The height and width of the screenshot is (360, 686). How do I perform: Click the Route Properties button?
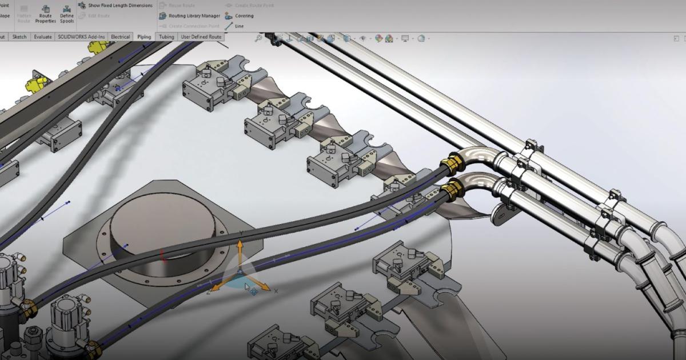click(x=45, y=14)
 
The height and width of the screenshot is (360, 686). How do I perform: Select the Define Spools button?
click(x=67, y=14)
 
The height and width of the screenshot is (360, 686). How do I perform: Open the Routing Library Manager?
click(x=190, y=15)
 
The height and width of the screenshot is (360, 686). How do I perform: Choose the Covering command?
click(x=240, y=16)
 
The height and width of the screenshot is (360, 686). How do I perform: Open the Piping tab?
click(x=144, y=37)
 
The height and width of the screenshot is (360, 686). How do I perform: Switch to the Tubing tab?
click(x=166, y=37)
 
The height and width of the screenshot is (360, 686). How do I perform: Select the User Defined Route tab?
click(x=201, y=37)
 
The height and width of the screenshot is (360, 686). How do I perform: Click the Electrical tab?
click(x=120, y=37)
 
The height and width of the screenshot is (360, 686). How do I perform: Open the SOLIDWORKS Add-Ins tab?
click(x=82, y=37)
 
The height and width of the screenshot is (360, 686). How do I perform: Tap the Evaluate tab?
click(x=43, y=37)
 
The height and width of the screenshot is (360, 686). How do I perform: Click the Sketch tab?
click(x=19, y=37)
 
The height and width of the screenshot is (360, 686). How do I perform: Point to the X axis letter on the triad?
click(x=276, y=291)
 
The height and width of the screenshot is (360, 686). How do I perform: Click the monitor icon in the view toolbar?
click(x=405, y=38)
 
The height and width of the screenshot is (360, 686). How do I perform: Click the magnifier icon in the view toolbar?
click(x=259, y=38)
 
